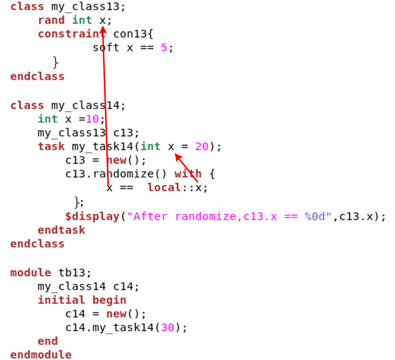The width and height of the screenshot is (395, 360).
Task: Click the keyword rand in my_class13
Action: coord(51,21)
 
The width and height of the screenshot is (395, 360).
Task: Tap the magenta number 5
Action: coord(164,48)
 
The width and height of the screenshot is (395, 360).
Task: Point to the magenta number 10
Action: coord(92,119)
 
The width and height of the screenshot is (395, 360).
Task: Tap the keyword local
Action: coord(164,187)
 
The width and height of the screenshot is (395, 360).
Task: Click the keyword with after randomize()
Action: coord(188,174)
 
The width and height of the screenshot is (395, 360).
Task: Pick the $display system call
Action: coord(92,216)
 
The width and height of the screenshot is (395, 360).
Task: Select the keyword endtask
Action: coord(61,230)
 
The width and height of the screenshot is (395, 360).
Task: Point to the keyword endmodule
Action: coord(41,355)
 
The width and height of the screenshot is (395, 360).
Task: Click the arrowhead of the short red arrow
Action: coord(177,156)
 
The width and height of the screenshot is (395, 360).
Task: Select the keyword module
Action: coord(31,272)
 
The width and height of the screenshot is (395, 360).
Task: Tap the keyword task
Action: coord(51,147)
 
